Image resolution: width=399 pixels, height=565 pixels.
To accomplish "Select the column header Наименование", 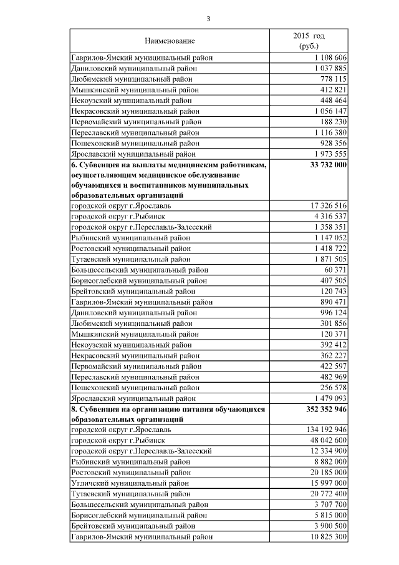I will [x=170, y=41].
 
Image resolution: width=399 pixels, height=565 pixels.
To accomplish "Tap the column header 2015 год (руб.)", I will [x=309, y=41].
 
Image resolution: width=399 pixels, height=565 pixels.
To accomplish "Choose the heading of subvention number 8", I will [x=168, y=414].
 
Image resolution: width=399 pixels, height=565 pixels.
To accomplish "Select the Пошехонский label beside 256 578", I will [x=134, y=387].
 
